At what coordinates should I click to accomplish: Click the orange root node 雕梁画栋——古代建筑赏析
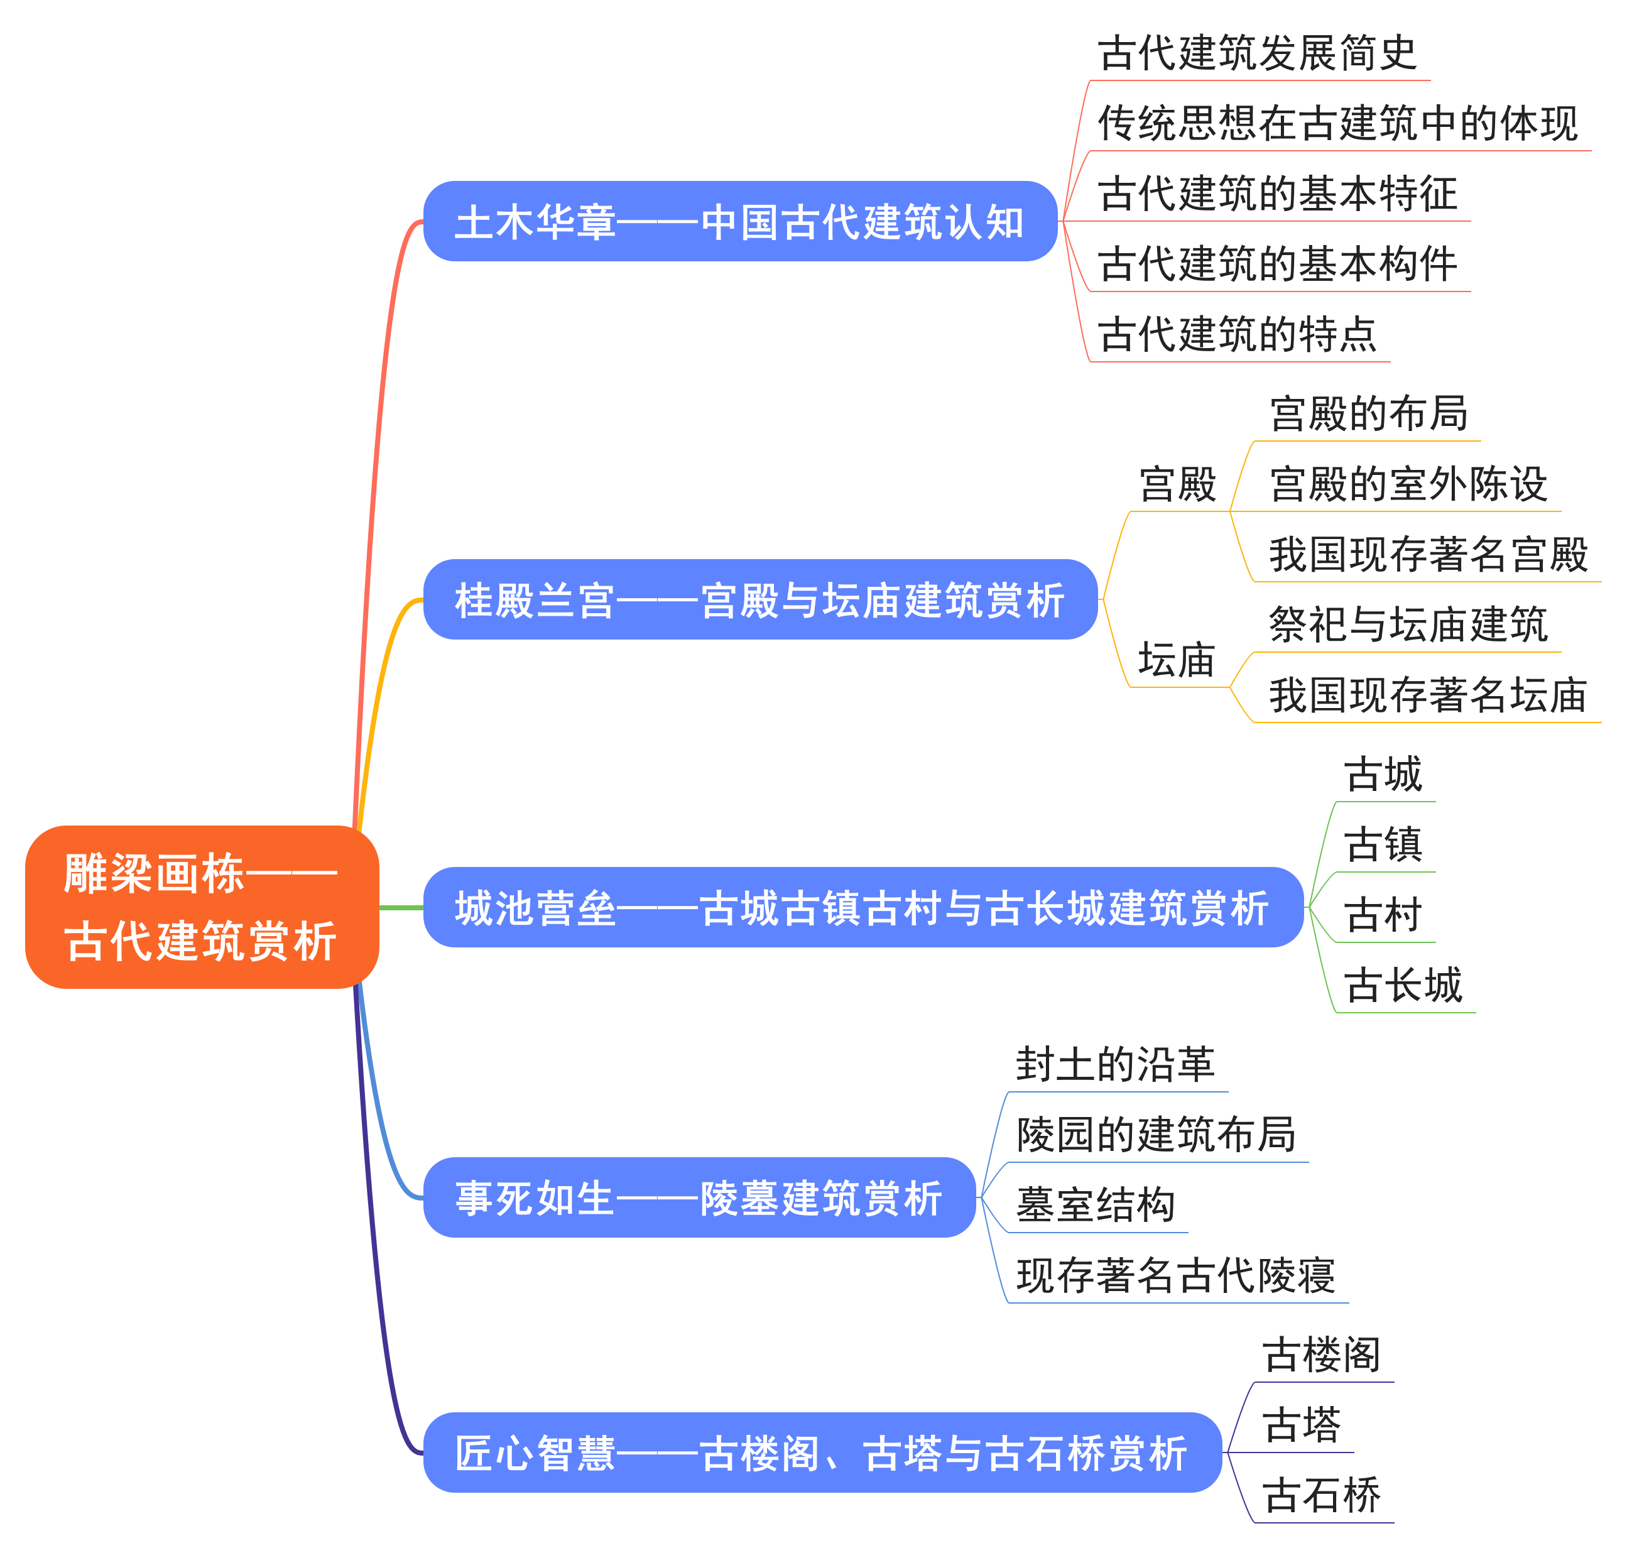point(201,906)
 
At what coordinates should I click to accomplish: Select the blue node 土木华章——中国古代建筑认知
point(739,221)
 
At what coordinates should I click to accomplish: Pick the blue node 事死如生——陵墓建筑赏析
point(698,1197)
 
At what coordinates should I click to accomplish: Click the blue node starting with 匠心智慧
point(821,1453)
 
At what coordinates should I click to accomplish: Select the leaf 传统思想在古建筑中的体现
point(1337,123)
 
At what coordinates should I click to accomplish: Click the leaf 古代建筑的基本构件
point(1277,264)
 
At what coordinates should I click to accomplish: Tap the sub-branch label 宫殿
point(1177,484)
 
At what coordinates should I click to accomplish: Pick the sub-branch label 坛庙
point(1177,659)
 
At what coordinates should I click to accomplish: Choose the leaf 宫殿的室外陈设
point(1408,484)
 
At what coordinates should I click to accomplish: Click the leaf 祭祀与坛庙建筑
point(1408,624)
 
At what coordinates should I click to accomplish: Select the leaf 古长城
point(1403,984)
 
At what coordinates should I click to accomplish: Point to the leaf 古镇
point(1383,844)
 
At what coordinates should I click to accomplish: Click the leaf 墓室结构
point(1095,1205)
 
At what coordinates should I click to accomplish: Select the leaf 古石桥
point(1321,1495)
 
